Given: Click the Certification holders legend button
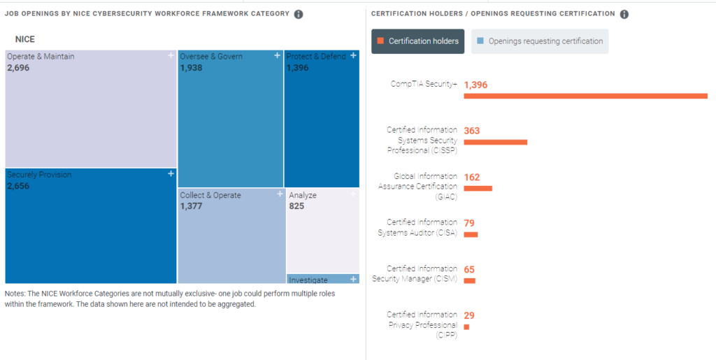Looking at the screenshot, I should click(x=418, y=41).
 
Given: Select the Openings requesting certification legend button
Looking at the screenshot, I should click(x=539, y=41).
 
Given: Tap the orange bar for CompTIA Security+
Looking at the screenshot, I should click(x=585, y=96).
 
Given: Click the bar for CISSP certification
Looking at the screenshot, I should click(x=495, y=142).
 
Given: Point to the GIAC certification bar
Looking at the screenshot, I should click(x=478, y=188).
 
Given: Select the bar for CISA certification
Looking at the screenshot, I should click(x=471, y=234).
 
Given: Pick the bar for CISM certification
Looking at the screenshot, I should click(x=469, y=280).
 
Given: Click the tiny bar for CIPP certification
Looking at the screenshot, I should click(x=466, y=326).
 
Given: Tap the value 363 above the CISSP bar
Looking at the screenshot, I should click(x=472, y=131).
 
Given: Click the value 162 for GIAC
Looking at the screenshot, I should click(x=472, y=177).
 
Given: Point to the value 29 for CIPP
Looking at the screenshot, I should click(x=469, y=315).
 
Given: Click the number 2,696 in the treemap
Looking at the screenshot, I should click(x=18, y=69).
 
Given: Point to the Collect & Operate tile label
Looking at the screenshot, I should click(x=210, y=195).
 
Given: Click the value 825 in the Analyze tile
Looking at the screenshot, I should click(x=296, y=206).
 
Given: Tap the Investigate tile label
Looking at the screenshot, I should click(x=308, y=280).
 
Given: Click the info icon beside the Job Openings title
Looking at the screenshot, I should click(x=299, y=14).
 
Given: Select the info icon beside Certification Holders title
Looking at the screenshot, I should click(x=624, y=14).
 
